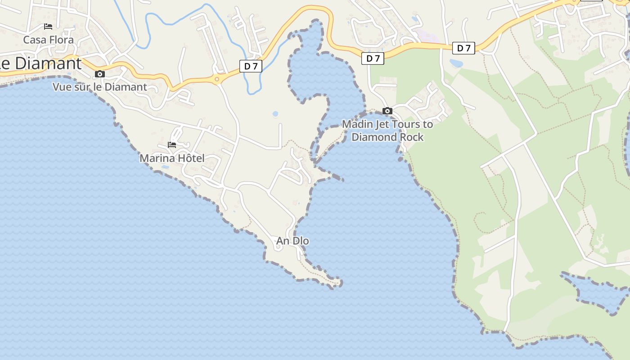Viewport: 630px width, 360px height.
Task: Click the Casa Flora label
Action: point(48,40)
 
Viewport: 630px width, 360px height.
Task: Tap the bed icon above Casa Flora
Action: point(48,27)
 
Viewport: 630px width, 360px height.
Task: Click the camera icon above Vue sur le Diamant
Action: point(100,74)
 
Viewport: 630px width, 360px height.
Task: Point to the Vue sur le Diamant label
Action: point(100,87)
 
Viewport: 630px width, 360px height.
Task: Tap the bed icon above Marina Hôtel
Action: point(172,145)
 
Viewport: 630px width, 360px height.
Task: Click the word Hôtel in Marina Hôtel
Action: point(189,158)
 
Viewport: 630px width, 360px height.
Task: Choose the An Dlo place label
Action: point(292,241)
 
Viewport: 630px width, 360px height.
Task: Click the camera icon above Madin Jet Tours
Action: point(387,111)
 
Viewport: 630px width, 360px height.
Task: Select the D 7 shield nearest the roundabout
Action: point(251,66)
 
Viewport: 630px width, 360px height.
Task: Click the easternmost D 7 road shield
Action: point(463,48)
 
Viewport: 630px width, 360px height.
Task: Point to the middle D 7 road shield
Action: point(373,58)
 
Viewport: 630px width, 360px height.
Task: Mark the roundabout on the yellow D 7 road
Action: point(217,80)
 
